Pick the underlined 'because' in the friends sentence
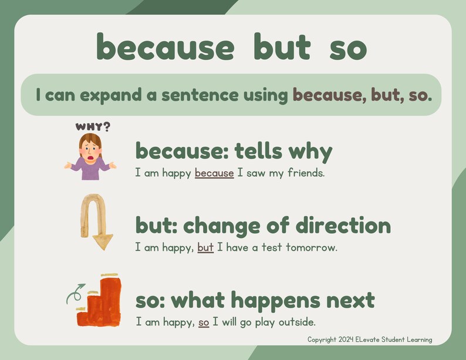(214, 173)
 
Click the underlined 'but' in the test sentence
(205, 247)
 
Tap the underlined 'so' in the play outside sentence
(204, 322)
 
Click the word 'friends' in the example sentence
(305, 173)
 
